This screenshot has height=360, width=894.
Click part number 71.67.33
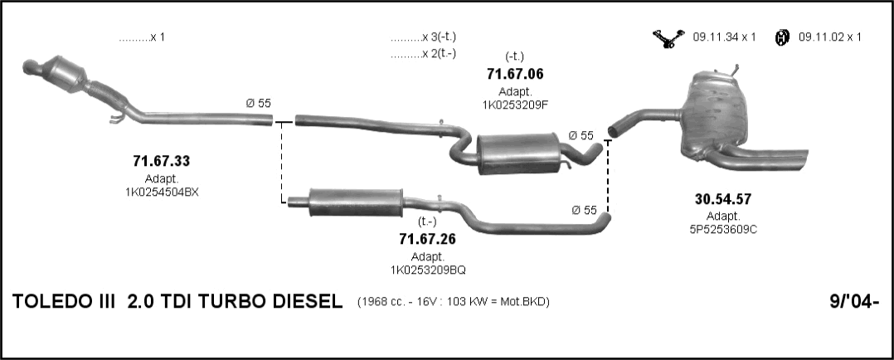[162, 162]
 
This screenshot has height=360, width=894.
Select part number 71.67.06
[515, 74]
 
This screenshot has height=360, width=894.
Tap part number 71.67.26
[428, 238]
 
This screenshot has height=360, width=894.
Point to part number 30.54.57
[723, 199]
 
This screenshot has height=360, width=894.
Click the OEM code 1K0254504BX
[162, 192]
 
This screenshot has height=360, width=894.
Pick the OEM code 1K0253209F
[515, 105]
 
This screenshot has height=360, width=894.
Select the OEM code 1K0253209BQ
[428, 270]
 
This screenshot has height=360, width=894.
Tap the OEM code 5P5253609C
[723, 229]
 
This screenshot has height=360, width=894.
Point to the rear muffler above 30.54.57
[717, 117]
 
